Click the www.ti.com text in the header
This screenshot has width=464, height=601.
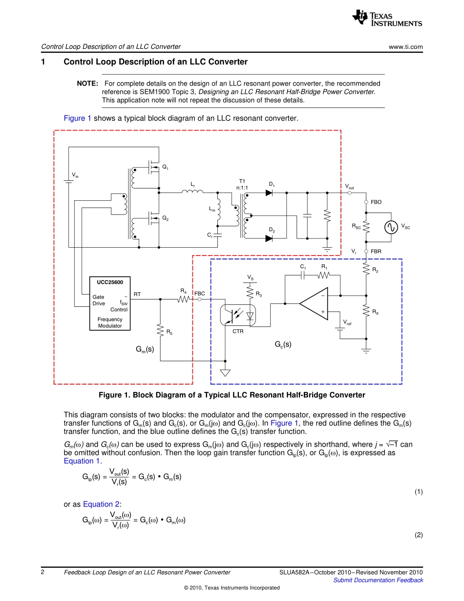[x=405, y=47]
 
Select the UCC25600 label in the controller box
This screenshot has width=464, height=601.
[x=110, y=282]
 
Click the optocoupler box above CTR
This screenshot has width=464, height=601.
[x=238, y=316]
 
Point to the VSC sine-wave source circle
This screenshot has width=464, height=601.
[x=391, y=227]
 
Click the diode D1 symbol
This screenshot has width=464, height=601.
[x=269, y=193]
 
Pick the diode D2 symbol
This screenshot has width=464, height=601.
[x=269, y=238]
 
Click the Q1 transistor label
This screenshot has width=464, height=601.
[x=165, y=168]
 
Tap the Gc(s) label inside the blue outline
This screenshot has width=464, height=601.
[x=283, y=344]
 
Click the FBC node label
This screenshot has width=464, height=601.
[x=199, y=294]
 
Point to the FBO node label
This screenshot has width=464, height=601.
[x=376, y=202]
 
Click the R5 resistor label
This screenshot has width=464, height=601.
[x=169, y=332]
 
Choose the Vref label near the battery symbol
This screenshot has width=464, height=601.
[x=348, y=322]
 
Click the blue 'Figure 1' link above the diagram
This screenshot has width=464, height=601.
[x=78, y=118]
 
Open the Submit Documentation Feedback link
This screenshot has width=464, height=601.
[x=378, y=580]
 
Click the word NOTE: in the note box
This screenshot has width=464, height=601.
[x=87, y=84]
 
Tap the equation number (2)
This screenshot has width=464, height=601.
[x=418, y=535]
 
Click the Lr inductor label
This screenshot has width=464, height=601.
[x=192, y=184]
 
